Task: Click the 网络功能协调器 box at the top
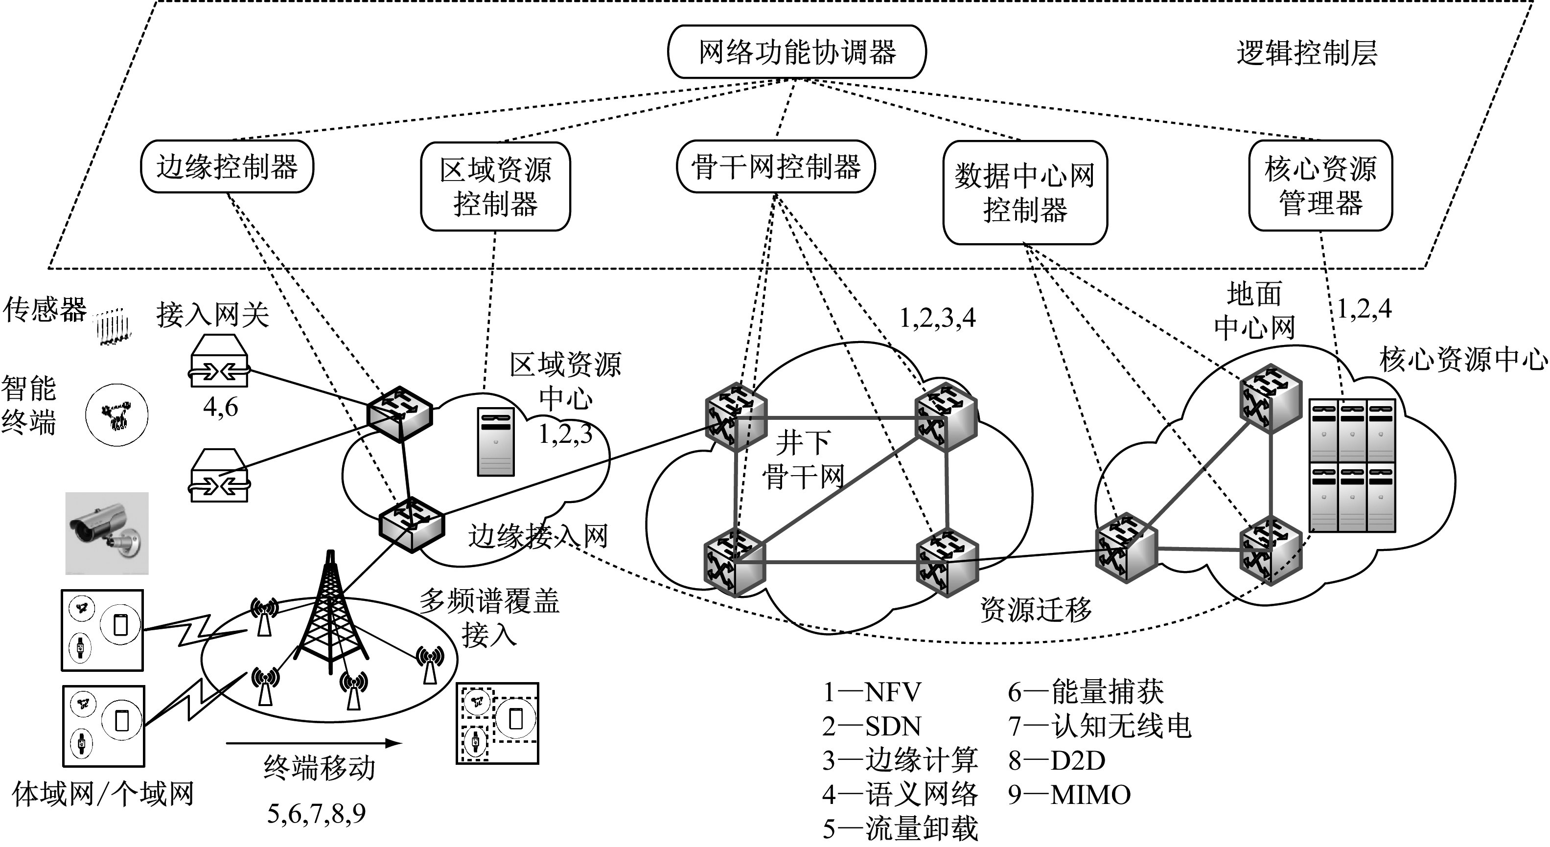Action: [x=796, y=52]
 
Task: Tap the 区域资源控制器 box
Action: [x=495, y=186]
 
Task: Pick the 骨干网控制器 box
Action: [x=776, y=167]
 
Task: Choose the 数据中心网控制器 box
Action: [x=1025, y=192]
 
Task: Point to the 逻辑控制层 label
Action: [x=1306, y=53]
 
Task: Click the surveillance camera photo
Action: [x=107, y=533]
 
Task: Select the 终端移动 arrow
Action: [x=313, y=744]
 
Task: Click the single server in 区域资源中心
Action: [x=496, y=442]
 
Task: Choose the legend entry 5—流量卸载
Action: [x=900, y=829]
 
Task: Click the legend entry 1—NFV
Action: [x=871, y=692]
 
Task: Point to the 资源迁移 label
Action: [x=1036, y=609]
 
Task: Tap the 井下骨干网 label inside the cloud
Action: [x=803, y=460]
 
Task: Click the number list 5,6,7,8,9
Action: [x=317, y=814]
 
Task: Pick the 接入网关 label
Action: [x=212, y=315]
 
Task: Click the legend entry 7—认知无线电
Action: [x=1099, y=726]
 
